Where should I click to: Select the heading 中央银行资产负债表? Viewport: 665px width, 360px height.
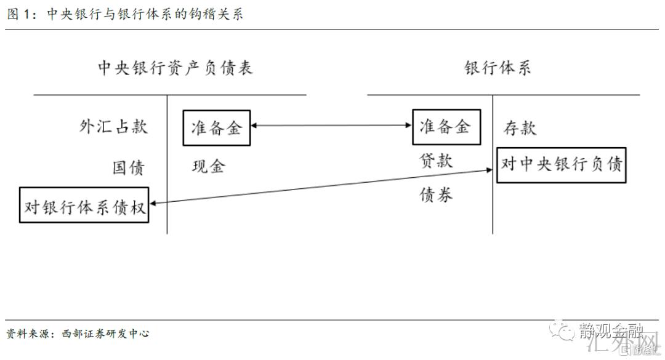(x=175, y=68)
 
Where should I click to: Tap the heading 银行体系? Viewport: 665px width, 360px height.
(x=498, y=68)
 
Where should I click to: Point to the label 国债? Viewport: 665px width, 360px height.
(x=128, y=167)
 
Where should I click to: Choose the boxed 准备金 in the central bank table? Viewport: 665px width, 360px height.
(x=217, y=128)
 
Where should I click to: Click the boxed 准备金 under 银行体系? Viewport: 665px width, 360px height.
(x=445, y=127)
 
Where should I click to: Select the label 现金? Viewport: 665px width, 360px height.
(x=209, y=166)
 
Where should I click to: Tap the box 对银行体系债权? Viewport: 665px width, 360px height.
(x=84, y=205)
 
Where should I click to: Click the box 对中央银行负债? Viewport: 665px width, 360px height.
(x=561, y=165)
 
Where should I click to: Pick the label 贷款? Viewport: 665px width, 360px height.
(x=436, y=161)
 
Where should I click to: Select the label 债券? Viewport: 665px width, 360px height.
(x=436, y=194)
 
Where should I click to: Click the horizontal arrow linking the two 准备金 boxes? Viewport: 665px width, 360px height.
(x=331, y=126)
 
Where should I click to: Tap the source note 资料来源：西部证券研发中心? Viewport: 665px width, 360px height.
(x=78, y=334)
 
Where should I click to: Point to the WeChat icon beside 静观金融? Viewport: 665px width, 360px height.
(x=563, y=332)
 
